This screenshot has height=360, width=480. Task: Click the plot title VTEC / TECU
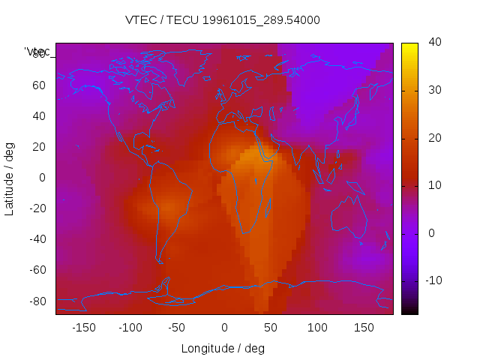coord(223,20)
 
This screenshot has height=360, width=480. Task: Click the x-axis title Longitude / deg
coord(223,348)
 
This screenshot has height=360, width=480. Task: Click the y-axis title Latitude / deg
coord(10,178)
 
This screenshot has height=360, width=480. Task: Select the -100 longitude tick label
coord(130,328)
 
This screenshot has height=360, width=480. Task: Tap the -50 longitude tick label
coord(177,328)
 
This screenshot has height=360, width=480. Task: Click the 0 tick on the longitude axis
coord(224,328)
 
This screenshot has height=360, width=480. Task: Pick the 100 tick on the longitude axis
coord(318,328)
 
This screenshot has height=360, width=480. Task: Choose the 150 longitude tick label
coord(364,328)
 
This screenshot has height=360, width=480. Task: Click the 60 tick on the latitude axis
coord(39,85)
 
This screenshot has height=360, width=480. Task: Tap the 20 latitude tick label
coord(39,147)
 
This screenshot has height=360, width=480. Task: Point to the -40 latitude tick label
coord(37,239)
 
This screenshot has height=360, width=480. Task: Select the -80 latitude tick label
coord(37,301)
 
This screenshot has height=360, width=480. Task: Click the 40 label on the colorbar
coord(433,43)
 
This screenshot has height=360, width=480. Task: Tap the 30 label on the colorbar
coord(433,91)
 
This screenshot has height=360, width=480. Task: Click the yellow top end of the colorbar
coord(409,46)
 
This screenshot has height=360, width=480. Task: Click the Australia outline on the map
coord(349,217)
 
